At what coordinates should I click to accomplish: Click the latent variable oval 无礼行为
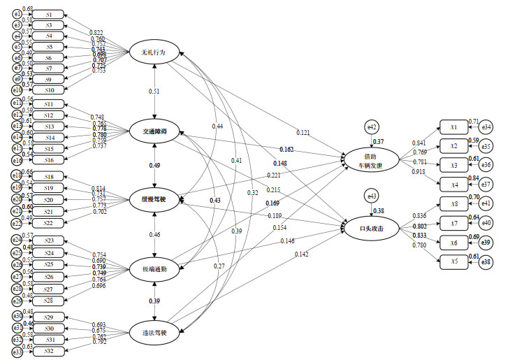(x=154, y=52)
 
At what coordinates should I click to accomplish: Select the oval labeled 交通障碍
(x=154, y=131)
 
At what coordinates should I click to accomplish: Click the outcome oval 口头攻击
(x=370, y=229)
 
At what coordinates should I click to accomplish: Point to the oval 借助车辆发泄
(x=370, y=160)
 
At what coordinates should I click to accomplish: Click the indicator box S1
(x=48, y=14)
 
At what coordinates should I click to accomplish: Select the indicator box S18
(x=48, y=177)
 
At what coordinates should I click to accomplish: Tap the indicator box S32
(x=48, y=350)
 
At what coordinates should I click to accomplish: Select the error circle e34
(x=487, y=127)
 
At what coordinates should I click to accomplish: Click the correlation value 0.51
(x=154, y=91)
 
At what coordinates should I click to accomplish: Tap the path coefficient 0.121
(x=303, y=132)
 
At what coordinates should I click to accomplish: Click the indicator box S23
(x=48, y=241)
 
